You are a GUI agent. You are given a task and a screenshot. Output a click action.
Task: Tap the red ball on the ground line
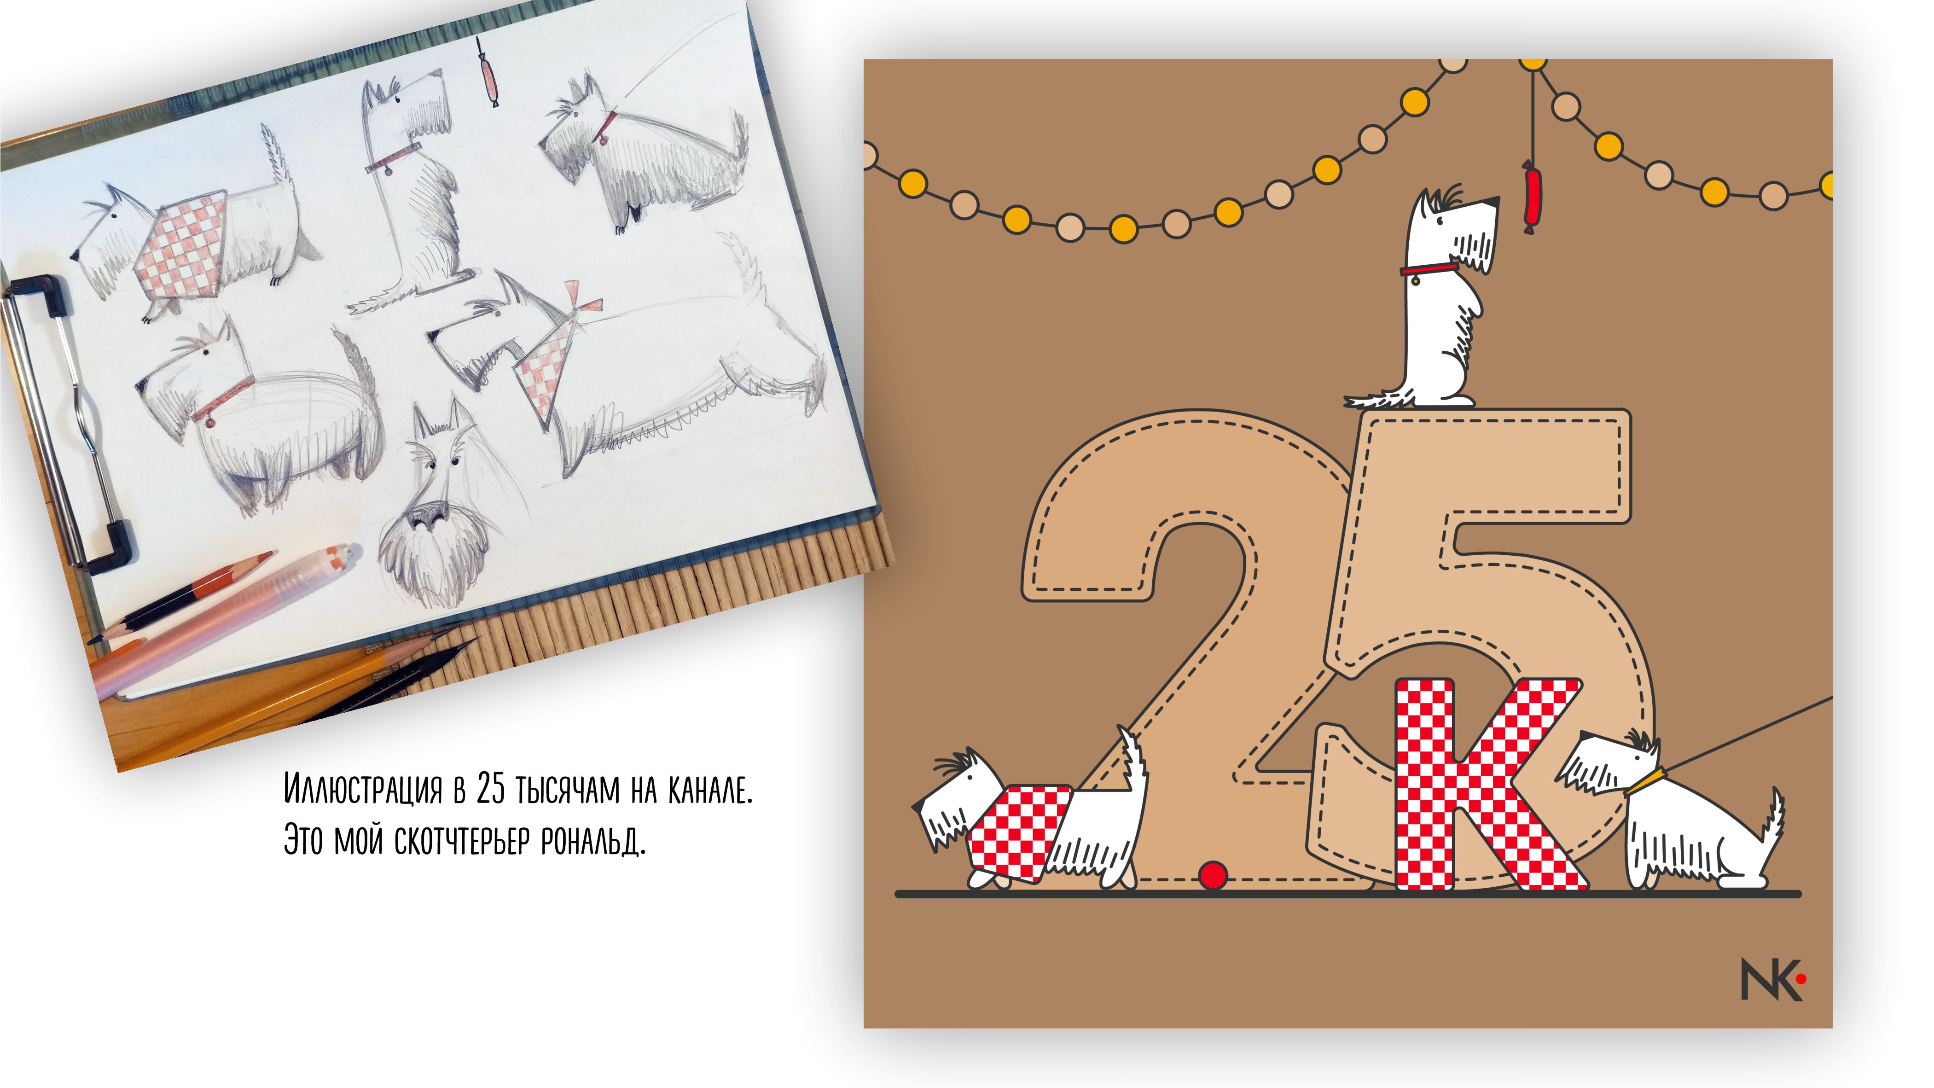[x=1213, y=875]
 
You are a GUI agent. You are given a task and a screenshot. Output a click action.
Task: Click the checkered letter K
[x=1487, y=785]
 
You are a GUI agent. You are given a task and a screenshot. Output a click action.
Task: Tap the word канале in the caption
[x=709, y=790]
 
